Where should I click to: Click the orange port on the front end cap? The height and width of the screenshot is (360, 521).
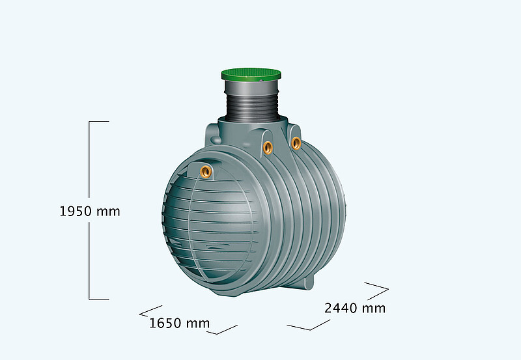click(205, 171)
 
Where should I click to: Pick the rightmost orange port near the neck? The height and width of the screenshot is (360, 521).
click(296, 142)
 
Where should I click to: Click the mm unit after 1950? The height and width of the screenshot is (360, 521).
click(109, 212)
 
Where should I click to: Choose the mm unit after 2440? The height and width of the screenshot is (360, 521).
click(374, 308)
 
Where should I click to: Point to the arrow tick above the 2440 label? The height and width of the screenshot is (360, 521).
click(377, 287)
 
